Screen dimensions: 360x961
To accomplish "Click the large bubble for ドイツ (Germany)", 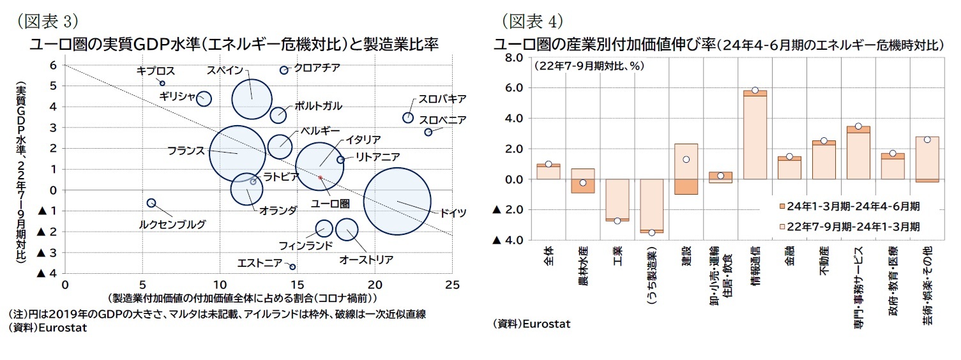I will tap(397, 200).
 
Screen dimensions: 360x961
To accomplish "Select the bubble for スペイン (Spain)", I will tap(252, 98).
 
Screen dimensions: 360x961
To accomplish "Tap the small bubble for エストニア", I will tap(292, 266).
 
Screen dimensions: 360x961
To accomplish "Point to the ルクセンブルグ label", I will tap(172, 224).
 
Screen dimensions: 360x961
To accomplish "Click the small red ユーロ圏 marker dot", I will tap(321, 177).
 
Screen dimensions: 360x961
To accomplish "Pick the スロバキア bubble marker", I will tap(408, 117).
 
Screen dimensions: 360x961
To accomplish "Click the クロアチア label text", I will tap(317, 67).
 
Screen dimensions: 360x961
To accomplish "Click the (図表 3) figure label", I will tap(47, 21).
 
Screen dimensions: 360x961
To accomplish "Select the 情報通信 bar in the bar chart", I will tap(755, 134).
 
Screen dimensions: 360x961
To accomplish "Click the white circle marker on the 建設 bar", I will tap(686, 160).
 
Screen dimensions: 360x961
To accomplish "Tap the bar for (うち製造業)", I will tap(651, 206).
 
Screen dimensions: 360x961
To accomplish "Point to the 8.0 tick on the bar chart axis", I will tap(515, 57).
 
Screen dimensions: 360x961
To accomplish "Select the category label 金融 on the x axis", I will tap(789, 262).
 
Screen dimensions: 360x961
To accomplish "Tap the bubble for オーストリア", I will tap(347, 229).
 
